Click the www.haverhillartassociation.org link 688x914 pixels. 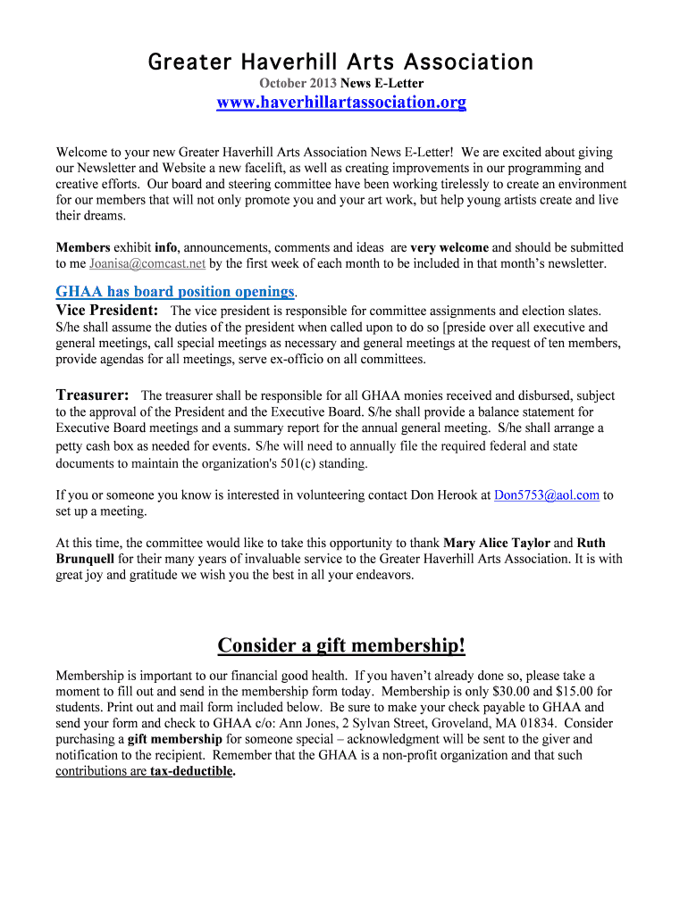click(x=341, y=103)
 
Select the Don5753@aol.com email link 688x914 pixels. click(x=546, y=495)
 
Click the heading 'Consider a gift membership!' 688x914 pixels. click(x=341, y=645)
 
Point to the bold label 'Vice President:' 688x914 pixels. click(x=107, y=311)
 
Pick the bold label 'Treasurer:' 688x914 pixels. click(x=92, y=395)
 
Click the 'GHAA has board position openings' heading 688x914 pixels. click(x=175, y=292)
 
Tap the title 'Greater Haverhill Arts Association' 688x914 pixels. click(x=340, y=62)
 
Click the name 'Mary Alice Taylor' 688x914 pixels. click(x=497, y=543)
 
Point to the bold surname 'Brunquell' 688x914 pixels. click(x=85, y=559)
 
